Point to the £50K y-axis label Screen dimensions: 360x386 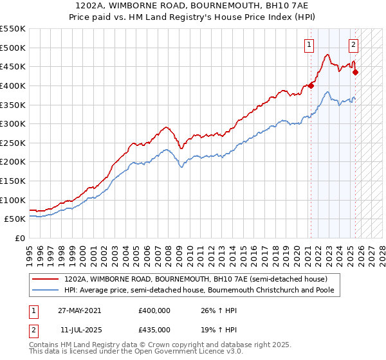pyautogui.click(x=15, y=219)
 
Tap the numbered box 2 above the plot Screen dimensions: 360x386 pyautogui.click(x=354, y=45)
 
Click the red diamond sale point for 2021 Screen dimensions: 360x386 pyautogui.click(x=311, y=85)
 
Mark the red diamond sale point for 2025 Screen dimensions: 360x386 pyautogui.click(x=355, y=72)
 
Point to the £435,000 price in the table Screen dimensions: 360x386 pyautogui.click(x=154, y=330)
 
